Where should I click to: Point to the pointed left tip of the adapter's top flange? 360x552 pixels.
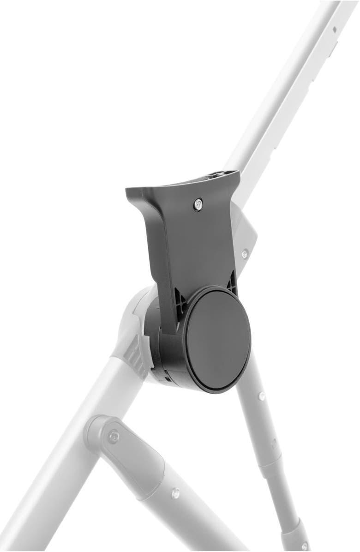coord(127,190)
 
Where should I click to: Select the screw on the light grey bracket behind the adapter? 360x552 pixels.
coord(244,253)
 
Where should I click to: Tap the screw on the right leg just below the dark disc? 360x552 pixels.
coord(261,396)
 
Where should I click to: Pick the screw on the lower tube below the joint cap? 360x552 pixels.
coord(175,494)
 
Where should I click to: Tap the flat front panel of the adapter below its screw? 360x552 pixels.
coord(198,245)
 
